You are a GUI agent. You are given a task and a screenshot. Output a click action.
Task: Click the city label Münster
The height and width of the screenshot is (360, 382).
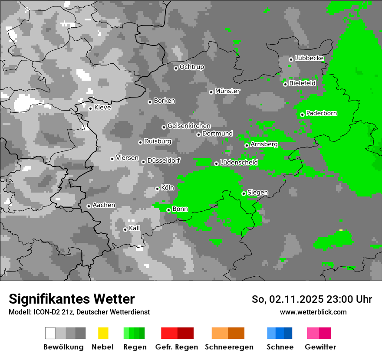pyautogui.click(x=227, y=91)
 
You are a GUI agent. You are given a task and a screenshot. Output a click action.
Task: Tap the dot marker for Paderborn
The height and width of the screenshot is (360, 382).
pyautogui.click(x=302, y=115)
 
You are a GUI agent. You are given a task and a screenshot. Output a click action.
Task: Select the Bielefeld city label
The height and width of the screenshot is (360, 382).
pyautogui.click(x=303, y=83)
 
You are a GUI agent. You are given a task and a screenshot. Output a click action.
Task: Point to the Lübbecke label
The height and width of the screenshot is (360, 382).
pyautogui.click(x=309, y=58)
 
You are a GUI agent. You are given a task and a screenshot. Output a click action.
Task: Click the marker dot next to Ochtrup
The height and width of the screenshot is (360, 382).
pyautogui.click(x=176, y=68)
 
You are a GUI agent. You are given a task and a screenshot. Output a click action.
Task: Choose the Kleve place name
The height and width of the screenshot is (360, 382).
pyautogui.click(x=102, y=108)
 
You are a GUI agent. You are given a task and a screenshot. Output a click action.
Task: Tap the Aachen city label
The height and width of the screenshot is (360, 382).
pyautogui.click(x=104, y=205)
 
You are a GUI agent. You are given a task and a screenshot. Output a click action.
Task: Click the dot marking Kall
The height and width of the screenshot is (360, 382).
pyautogui.click(x=125, y=229)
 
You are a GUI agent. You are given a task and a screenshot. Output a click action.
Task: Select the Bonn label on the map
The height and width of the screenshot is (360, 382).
pyautogui.click(x=180, y=209)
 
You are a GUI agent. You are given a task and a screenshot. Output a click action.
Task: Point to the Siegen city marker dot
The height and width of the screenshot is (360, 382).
pyautogui.click(x=244, y=193)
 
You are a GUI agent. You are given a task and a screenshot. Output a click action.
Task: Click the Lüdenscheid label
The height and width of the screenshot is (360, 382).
pyautogui.click(x=239, y=163)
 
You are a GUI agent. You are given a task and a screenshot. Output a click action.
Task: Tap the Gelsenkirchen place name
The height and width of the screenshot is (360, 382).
pyautogui.click(x=189, y=126)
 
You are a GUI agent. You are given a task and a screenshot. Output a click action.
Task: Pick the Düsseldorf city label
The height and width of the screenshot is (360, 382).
pyautogui.click(x=164, y=160)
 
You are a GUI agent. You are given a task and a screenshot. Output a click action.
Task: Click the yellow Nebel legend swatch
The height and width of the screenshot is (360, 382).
pyautogui.click(x=103, y=333)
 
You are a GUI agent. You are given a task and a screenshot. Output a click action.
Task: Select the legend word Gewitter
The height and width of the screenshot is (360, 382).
pyautogui.click(x=320, y=347)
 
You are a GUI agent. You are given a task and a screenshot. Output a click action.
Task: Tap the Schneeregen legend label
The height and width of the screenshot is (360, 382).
pyautogui.click(x=229, y=347)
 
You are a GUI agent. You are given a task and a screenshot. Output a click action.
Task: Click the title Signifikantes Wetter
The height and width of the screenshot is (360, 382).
pyautogui.click(x=72, y=299)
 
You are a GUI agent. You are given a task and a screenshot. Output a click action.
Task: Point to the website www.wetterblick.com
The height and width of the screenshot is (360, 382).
pyautogui.click(x=313, y=312)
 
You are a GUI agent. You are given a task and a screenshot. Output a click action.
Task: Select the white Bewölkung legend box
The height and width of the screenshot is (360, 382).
pyautogui.click(x=50, y=333)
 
